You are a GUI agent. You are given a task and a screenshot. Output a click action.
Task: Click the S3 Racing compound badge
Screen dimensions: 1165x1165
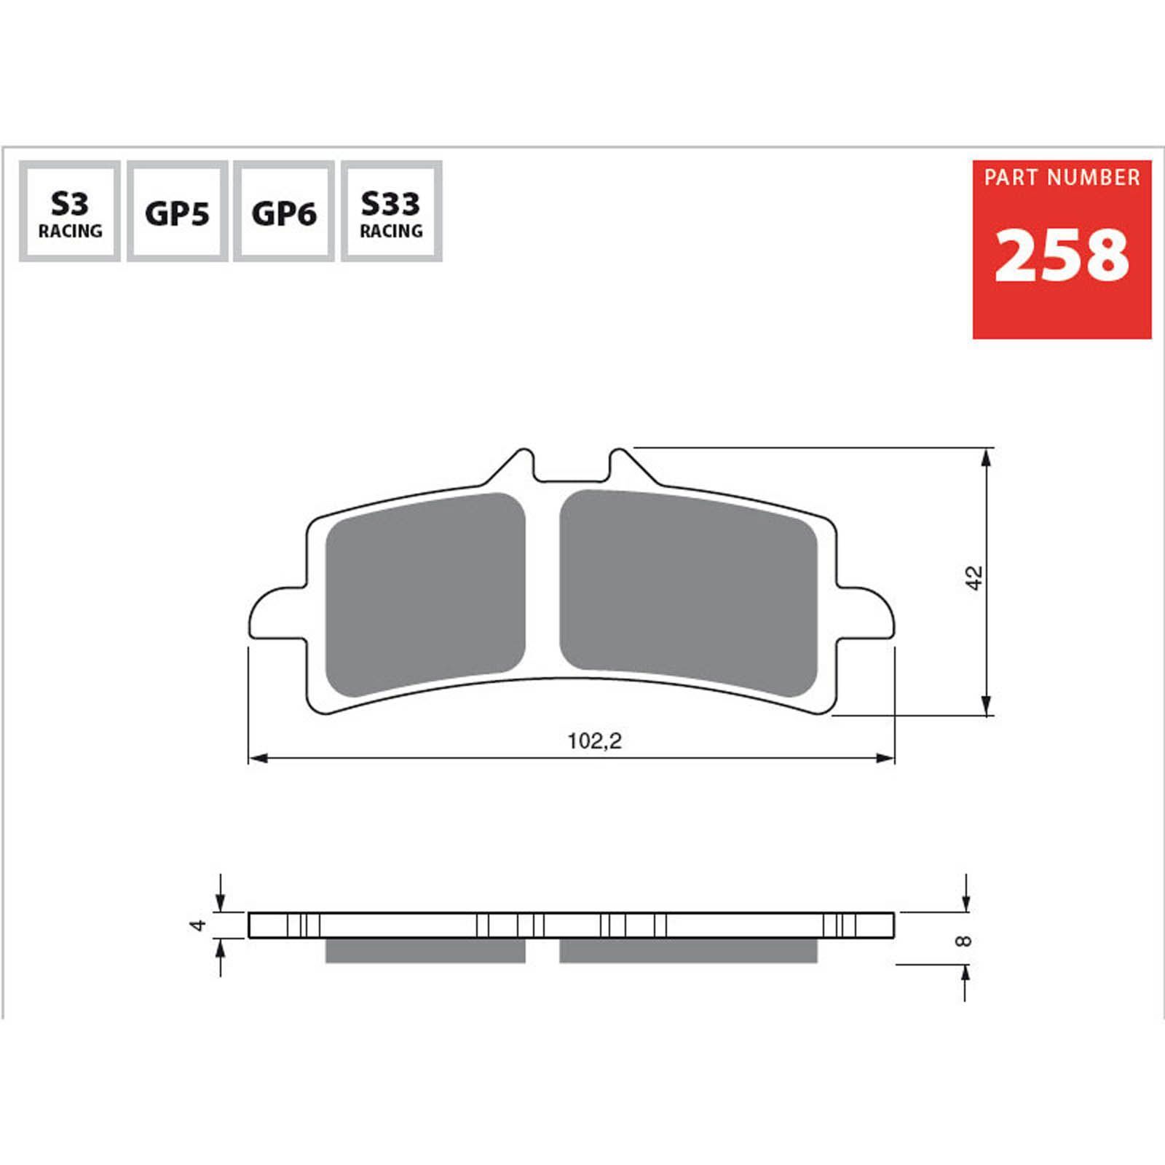pyautogui.click(x=70, y=211)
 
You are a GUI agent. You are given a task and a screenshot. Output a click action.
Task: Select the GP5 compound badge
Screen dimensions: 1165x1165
pyautogui.click(x=177, y=211)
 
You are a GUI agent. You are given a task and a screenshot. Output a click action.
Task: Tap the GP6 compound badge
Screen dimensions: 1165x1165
pyautogui.click(x=284, y=211)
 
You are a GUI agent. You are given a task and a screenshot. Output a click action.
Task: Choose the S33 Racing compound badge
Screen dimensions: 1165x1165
pyautogui.click(x=391, y=211)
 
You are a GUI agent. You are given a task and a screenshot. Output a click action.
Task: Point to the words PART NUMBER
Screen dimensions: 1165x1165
pyautogui.click(x=1062, y=178)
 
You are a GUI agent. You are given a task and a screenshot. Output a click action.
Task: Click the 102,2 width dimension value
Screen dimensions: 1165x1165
pyautogui.click(x=595, y=741)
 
